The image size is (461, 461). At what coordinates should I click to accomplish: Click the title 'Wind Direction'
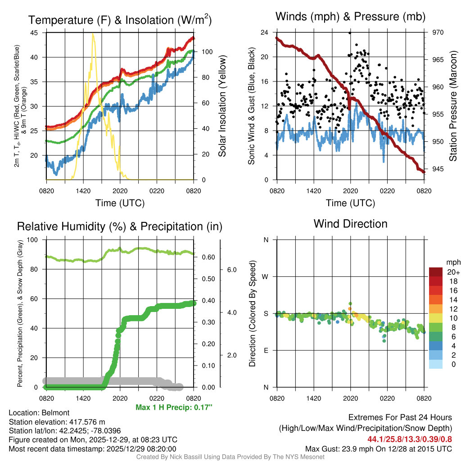pos(350,224)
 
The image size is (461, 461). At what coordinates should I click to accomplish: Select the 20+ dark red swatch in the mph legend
pos(436,272)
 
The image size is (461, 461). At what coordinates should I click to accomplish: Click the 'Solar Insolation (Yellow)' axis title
pos(222,106)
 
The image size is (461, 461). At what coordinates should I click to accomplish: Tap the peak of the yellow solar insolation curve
pos(93,34)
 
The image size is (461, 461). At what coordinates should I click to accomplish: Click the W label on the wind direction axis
pos(266,276)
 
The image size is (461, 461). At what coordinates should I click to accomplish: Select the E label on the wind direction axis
pos(266,350)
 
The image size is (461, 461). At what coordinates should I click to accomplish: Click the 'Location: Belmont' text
pos(39,413)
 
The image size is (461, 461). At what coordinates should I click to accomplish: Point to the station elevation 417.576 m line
pos(57,422)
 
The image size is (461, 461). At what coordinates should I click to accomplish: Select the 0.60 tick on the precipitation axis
pos(207,258)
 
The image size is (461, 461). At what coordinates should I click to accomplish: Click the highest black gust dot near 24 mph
pos(350,33)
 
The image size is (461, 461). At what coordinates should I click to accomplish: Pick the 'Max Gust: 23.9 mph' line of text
pos(378,448)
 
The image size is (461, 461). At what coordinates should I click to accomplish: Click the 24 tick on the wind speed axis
pos(265,32)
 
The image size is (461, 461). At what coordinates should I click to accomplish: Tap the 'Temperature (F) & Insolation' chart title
pos(120,20)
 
